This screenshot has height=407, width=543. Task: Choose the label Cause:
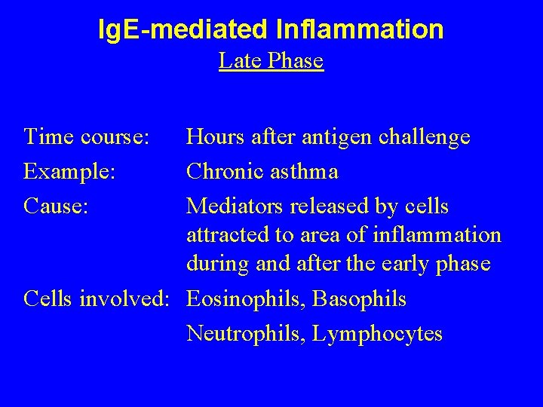click(x=57, y=205)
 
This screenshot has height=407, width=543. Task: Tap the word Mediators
click(x=235, y=205)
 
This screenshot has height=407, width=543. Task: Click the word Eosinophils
click(x=246, y=299)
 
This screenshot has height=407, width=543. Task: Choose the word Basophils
click(x=360, y=299)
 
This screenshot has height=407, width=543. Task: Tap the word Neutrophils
click(x=245, y=333)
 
